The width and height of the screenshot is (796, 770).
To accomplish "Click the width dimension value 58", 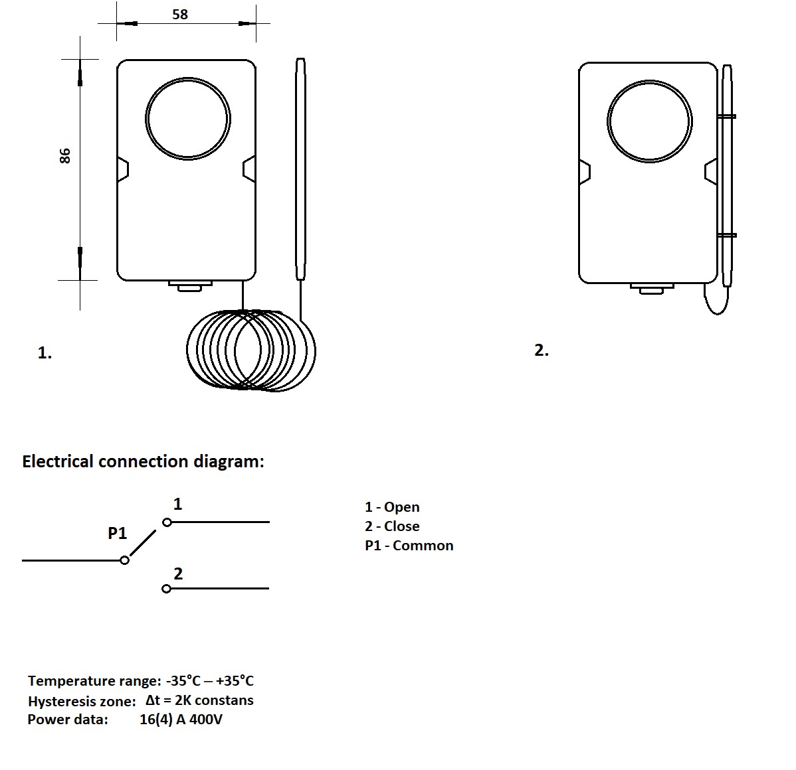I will pyautogui.click(x=180, y=14).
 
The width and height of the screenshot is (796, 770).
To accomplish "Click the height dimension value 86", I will pyautogui.click(x=64, y=155).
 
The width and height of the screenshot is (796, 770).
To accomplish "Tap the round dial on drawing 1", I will pyautogui.click(x=188, y=118).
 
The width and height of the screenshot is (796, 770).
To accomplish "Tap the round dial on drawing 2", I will pyautogui.click(x=649, y=121).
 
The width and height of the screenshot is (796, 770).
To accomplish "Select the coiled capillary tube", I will pyautogui.click(x=251, y=350).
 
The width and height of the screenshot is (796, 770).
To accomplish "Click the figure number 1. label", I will pyautogui.click(x=45, y=353).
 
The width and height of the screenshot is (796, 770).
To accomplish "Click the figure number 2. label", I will pyautogui.click(x=542, y=350).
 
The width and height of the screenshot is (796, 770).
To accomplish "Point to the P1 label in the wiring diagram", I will pyautogui.click(x=118, y=533).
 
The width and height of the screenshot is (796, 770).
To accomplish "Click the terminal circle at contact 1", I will pyautogui.click(x=167, y=522).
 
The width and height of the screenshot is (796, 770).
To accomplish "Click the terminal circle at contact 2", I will pyautogui.click(x=166, y=589).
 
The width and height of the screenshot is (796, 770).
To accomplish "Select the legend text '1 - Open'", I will pyautogui.click(x=392, y=507).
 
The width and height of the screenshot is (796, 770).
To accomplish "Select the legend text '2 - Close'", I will pyautogui.click(x=392, y=526).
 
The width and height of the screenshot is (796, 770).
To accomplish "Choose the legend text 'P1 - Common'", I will pyautogui.click(x=409, y=546).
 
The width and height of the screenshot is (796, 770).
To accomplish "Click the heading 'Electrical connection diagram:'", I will pyautogui.click(x=143, y=461).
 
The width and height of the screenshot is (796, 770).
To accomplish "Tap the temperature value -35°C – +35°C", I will pyautogui.click(x=210, y=680).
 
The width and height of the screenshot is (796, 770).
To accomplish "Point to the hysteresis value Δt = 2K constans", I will pyautogui.click(x=199, y=700).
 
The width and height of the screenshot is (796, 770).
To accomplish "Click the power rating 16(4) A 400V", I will pyautogui.click(x=181, y=720).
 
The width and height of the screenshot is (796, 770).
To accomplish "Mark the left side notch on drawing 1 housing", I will pyautogui.click(x=123, y=169).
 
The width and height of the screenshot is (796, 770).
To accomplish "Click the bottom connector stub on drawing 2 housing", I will pyautogui.click(x=652, y=289).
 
